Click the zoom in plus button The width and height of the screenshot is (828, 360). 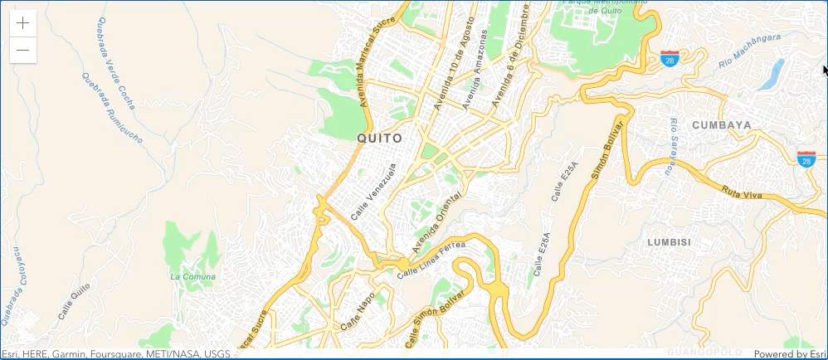click(x=23, y=23)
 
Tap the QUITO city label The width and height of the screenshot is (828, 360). click(x=379, y=139)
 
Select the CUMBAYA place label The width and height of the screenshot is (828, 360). click(x=722, y=125)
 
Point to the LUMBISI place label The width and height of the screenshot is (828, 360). click(x=669, y=242)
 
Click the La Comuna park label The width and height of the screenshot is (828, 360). click(x=192, y=276)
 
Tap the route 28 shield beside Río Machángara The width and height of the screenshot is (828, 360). click(x=670, y=58)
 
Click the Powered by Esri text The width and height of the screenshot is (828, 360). click(x=790, y=354)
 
